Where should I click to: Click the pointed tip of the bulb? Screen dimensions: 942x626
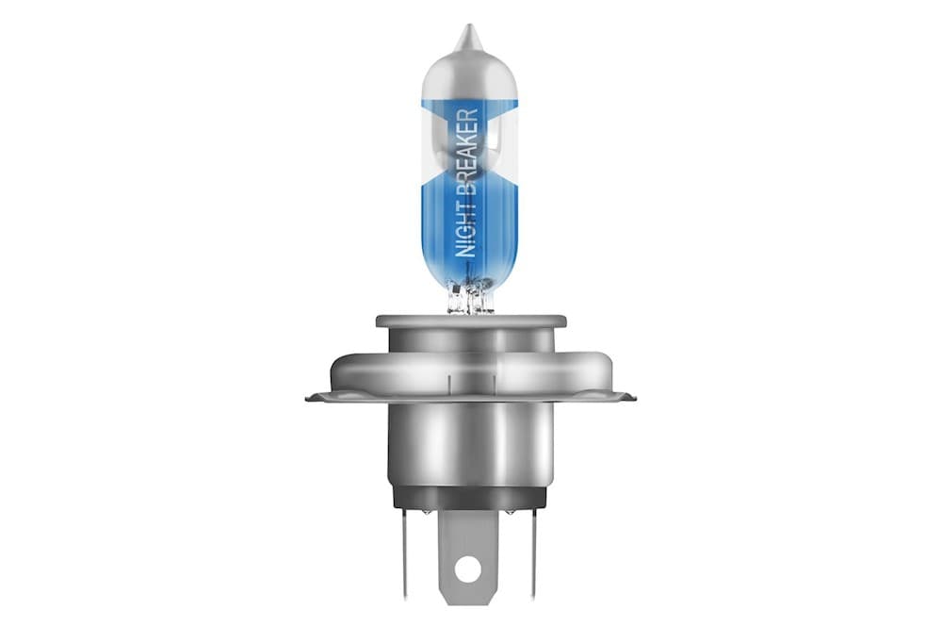(x=468, y=25)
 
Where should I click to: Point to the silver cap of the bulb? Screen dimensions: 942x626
(x=469, y=73)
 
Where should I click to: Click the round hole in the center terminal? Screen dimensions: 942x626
(x=468, y=568)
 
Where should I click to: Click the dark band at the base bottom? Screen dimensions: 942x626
(x=469, y=498)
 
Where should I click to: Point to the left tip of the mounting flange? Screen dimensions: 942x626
(x=307, y=397)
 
